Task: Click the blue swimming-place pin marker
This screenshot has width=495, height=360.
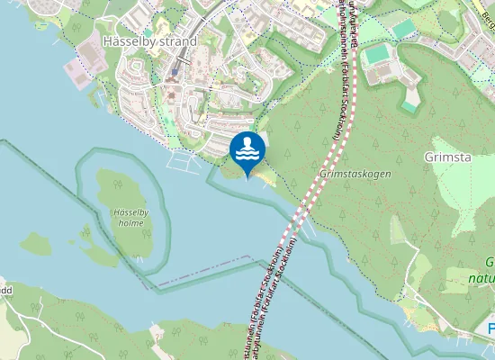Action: tap(247, 151)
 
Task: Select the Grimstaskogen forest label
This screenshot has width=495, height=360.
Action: tap(355, 173)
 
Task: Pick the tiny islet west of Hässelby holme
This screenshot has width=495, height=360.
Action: tap(36, 243)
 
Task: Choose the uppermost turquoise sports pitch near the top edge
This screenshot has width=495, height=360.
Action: tap(404, 29)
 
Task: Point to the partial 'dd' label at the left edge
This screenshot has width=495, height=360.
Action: tap(4, 291)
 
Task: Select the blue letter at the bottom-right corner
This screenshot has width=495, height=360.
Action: tap(490, 328)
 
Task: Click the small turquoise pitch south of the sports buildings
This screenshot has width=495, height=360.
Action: tap(409, 104)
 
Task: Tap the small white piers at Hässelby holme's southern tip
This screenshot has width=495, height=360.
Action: tap(139, 259)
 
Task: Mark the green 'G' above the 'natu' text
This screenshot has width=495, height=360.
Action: tap(490, 264)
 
